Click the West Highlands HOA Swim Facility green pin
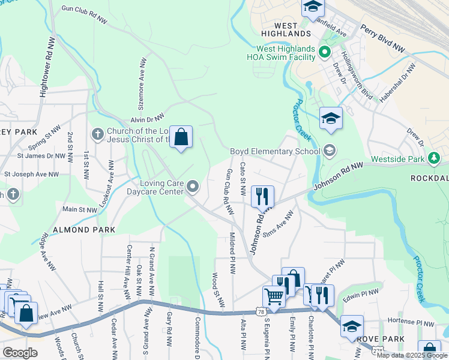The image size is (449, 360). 325,53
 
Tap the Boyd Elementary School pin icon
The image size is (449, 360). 328,151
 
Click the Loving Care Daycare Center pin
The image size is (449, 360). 193,187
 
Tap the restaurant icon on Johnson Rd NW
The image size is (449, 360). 262,196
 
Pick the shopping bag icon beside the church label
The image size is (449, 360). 181,137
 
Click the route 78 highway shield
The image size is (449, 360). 259,311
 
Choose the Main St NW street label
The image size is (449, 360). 80,210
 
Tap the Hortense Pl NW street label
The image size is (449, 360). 411,322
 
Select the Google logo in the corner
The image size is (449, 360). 20,352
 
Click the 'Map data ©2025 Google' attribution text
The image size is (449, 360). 412,355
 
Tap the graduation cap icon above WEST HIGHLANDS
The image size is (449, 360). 313,7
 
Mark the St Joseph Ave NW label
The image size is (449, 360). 31,175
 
